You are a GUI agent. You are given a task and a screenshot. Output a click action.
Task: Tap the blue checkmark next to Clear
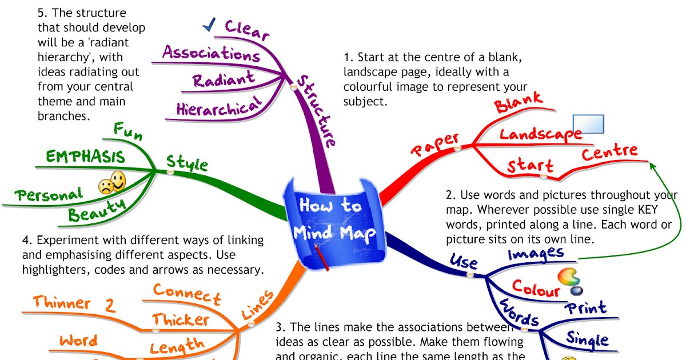pos(209,24)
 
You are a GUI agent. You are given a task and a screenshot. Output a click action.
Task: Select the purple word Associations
pos(211,54)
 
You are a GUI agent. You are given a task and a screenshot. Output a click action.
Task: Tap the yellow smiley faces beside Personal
pos(113,183)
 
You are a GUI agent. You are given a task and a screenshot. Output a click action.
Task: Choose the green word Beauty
pos(97,209)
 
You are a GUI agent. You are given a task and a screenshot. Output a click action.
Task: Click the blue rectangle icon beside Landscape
pos(588,124)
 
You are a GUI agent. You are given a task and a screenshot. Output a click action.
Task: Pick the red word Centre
pos(609,153)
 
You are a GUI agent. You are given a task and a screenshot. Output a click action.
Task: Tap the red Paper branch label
pos(436,144)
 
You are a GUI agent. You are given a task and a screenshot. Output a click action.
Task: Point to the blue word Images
pos(536,253)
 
